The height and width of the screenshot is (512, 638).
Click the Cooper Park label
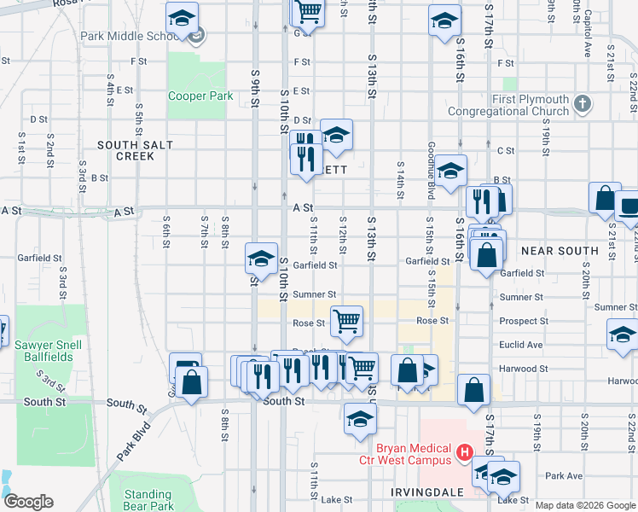[x=200, y=96]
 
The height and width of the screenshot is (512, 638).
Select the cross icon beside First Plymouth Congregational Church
[x=583, y=104]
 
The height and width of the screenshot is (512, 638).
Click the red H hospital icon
[x=465, y=451]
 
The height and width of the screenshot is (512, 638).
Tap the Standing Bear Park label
[x=148, y=500]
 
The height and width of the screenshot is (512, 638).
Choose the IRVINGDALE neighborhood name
[x=402, y=493]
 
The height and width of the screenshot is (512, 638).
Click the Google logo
[x=27, y=502]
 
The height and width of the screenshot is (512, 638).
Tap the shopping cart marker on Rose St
[x=346, y=321]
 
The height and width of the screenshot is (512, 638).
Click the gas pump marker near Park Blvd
[x=184, y=368]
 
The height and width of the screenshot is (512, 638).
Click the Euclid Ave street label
[x=523, y=345]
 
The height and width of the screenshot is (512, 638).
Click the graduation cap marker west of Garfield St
[x=261, y=258]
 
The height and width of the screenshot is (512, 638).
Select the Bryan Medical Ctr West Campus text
[x=414, y=454]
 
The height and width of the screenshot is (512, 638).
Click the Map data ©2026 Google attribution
[x=585, y=505]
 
